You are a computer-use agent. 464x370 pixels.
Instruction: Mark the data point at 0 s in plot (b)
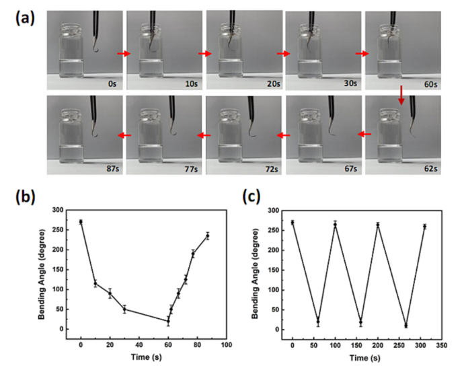coord(81,222)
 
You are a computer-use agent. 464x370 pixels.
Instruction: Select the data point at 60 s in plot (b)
coord(168,321)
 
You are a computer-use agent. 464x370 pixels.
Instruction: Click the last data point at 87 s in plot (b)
coord(207,235)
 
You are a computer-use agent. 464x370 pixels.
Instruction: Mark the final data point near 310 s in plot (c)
coord(424,227)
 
